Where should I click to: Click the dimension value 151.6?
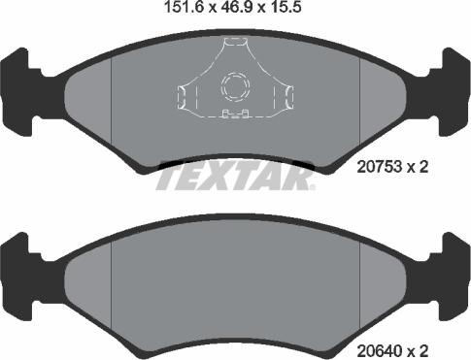coord(184,7)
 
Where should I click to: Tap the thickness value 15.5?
coord(286,7)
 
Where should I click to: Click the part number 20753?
coord(380,167)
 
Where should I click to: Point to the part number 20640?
coord(380,350)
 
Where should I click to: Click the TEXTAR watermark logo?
coord(235,177)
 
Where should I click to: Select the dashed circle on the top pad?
coord(235,87)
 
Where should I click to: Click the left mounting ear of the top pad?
coord(17,92)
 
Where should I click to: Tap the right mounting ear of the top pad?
coord(454,92)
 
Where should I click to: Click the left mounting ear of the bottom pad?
coord(17,277)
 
